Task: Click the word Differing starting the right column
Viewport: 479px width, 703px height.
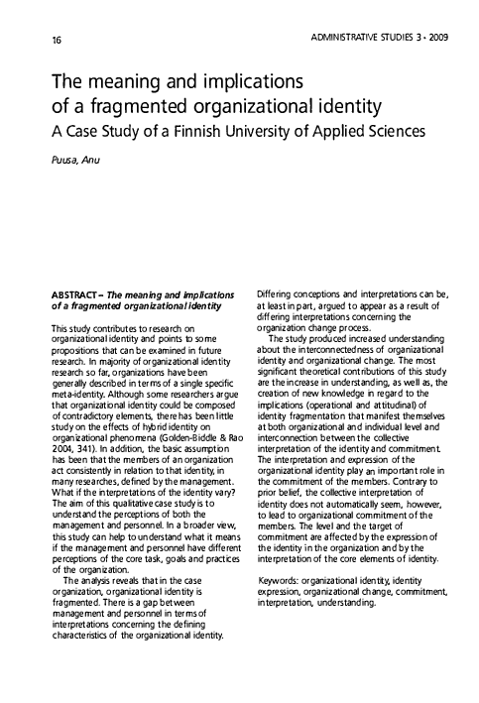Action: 277,294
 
